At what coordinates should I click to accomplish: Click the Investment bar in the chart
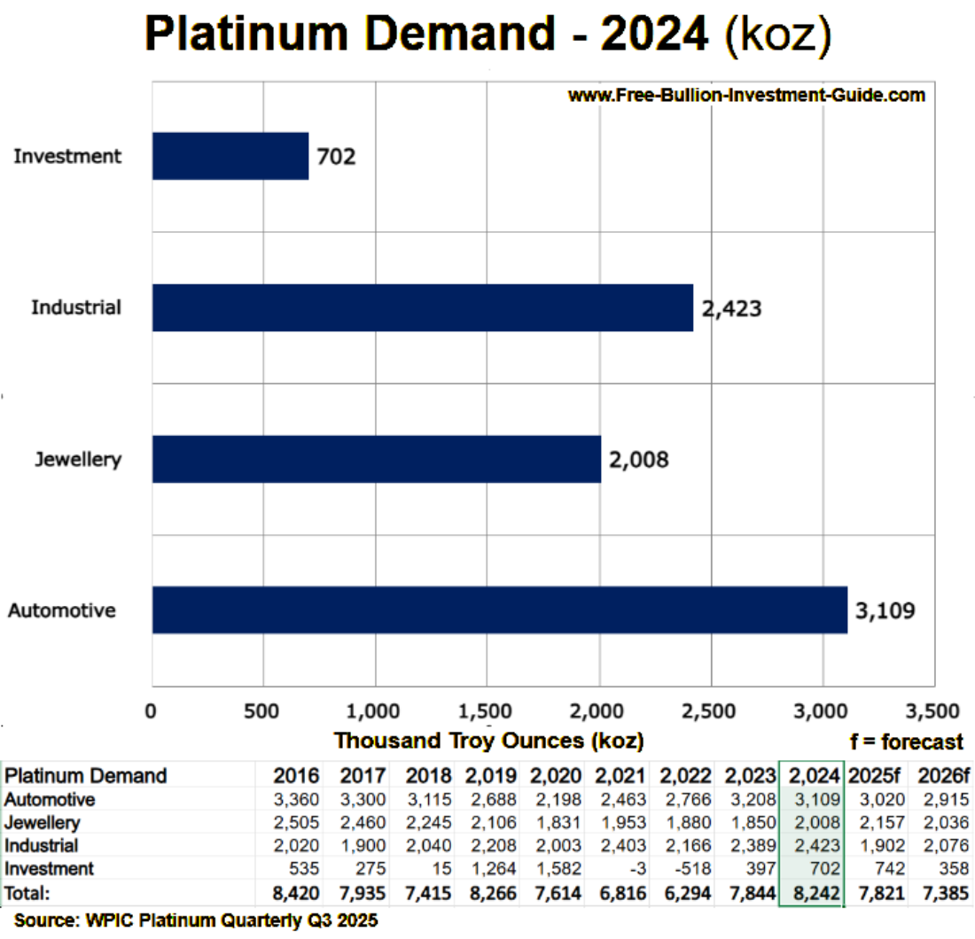[230, 157]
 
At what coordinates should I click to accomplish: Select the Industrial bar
[422, 308]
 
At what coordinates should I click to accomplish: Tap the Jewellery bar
[376, 459]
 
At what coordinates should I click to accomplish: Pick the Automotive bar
[499, 610]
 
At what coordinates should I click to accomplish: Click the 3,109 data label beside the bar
[885, 610]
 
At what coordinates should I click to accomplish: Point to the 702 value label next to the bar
[336, 158]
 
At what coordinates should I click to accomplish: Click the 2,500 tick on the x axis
[710, 711]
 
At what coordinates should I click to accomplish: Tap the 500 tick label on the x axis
[262, 711]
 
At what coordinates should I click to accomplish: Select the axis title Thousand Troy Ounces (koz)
[488, 740]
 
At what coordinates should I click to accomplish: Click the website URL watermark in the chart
[746, 95]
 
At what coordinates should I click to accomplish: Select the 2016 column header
[298, 775]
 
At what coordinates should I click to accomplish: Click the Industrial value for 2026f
[943, 846]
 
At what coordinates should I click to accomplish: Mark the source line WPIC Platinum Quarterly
[196, 921]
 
